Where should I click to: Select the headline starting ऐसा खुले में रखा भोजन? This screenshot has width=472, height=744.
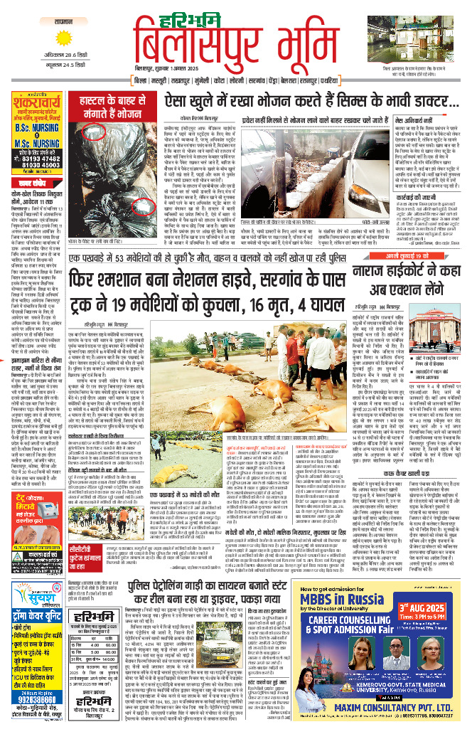pos(298,103)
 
